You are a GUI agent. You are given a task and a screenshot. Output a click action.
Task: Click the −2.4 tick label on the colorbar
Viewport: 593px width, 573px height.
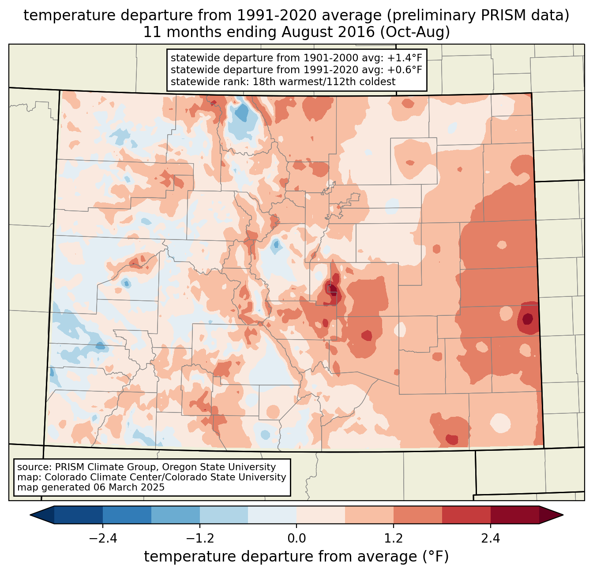[x=102, y=539]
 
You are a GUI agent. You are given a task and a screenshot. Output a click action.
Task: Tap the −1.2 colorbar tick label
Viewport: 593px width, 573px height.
[x=199, y=539]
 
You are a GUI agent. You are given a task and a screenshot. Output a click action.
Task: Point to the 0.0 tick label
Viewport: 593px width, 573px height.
[x=296, y=539]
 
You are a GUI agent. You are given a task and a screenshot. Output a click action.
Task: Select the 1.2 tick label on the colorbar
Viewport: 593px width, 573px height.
[x=394, y=539]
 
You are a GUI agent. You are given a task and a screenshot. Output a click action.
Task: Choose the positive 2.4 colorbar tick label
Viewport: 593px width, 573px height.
[x=491, y=539]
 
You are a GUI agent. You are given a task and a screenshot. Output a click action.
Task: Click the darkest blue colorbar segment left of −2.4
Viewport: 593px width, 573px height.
[x=79, y=515]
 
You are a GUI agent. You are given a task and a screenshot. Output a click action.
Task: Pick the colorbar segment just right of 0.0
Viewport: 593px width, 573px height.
[x=321, y=515]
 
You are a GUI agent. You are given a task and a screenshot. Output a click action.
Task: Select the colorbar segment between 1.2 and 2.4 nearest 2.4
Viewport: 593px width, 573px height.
[x=466, y=515]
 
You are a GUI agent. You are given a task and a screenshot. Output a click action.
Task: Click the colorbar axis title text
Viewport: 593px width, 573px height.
[x=296, y=557]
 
